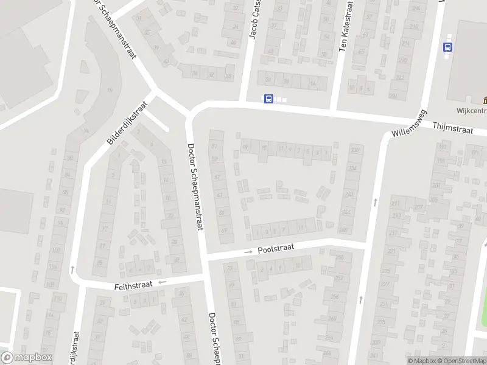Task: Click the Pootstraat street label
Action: pos(276,249)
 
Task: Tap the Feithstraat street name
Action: pos(133,285)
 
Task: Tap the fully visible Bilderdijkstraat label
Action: pos(127,123)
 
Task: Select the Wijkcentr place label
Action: pos(471,111)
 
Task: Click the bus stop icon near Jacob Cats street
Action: pos(268,99)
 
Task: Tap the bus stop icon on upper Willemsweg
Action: pos(449,47)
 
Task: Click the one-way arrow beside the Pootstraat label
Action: pos(248,252)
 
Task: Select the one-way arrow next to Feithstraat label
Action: pos(163,282)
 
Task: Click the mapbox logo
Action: pos(26,358)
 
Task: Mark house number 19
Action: pos(245,147)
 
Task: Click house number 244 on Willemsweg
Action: pos(346,212)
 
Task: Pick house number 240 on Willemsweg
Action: pos(349,194)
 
